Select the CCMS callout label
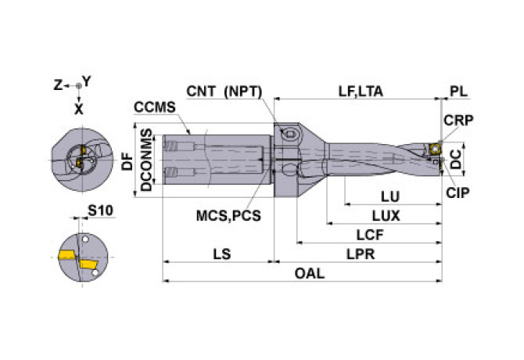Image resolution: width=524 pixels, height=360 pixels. pos(151,107)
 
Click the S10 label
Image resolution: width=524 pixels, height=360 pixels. pos(99,211)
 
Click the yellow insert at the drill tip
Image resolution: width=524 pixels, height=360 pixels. pos(433,148)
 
